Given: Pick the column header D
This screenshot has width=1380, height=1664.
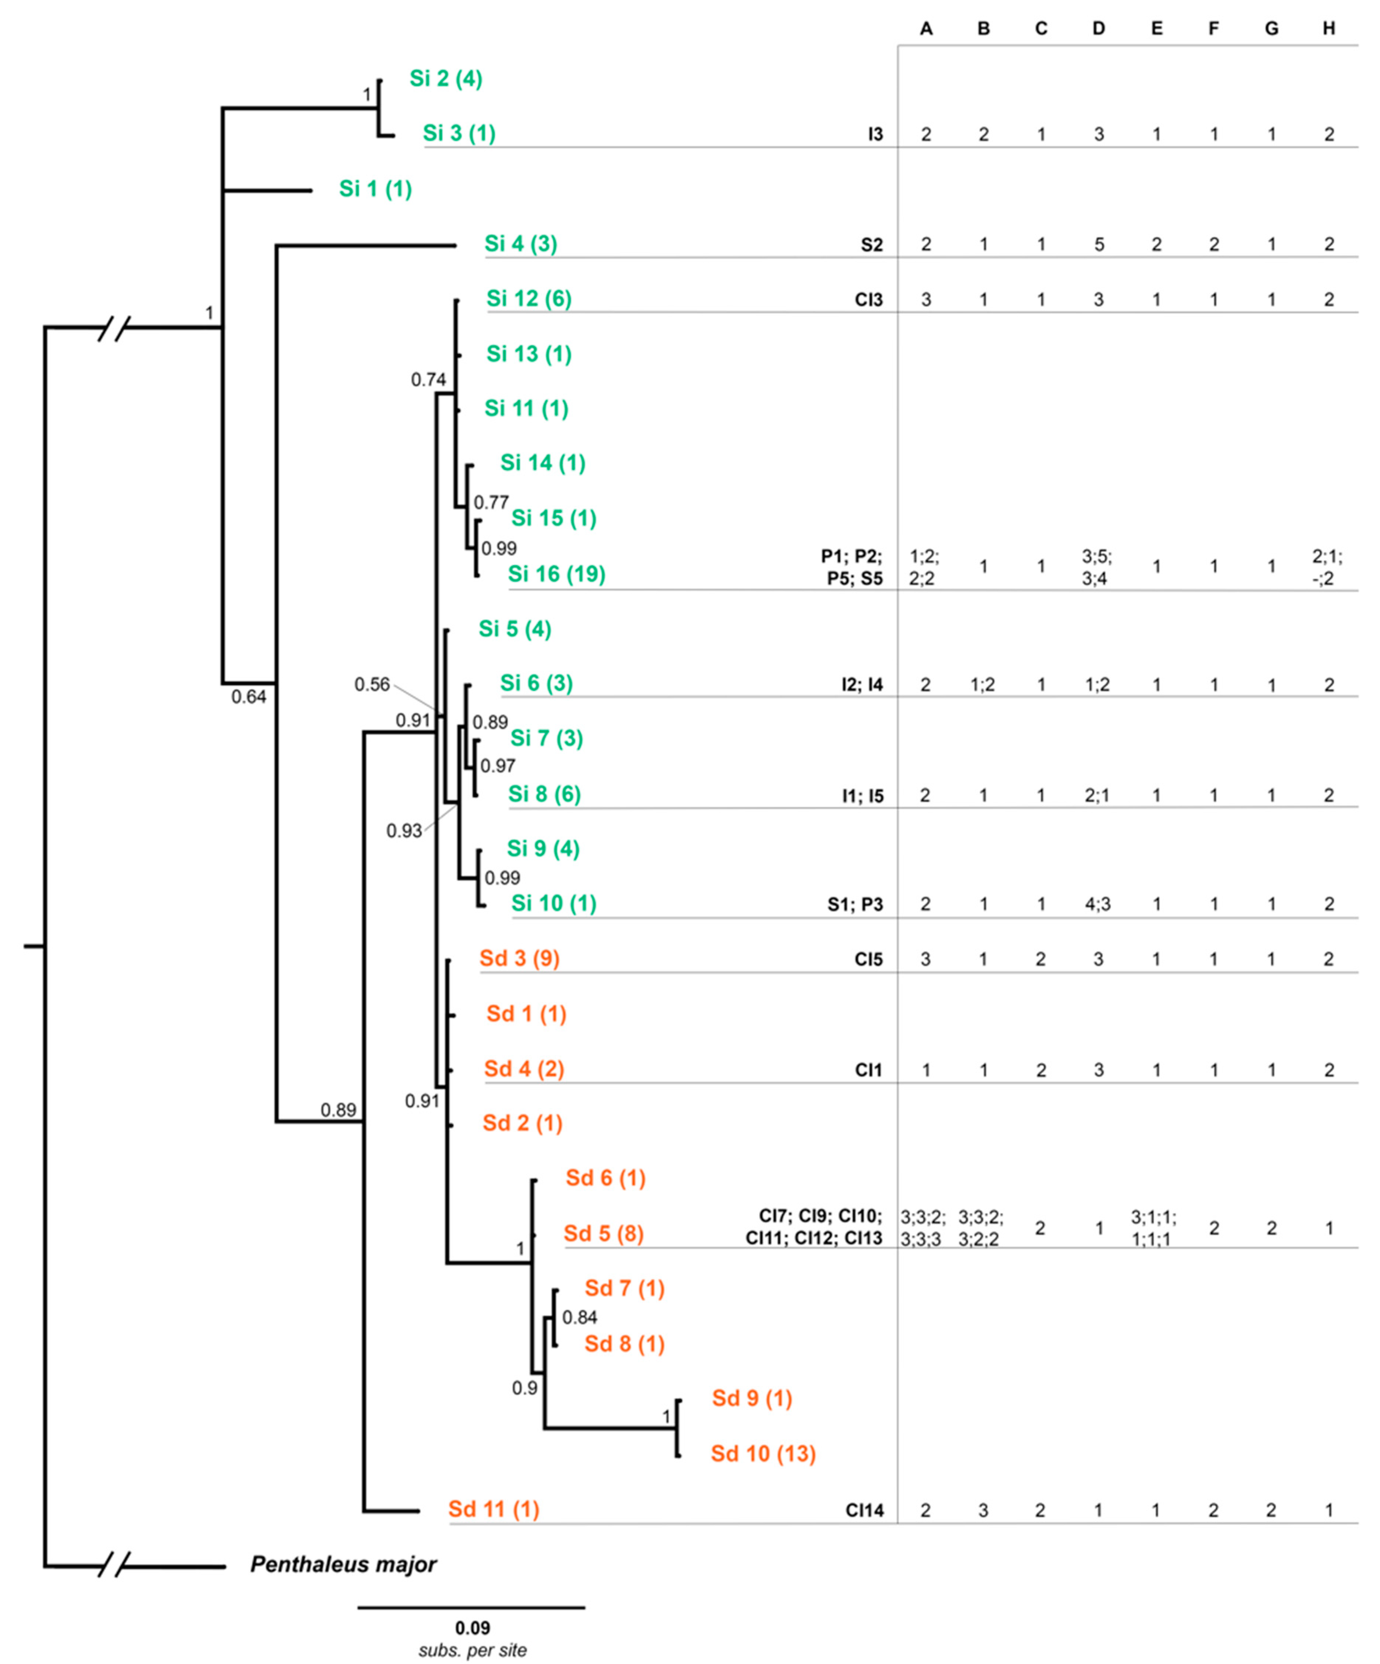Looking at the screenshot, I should click(x=1099, y=28).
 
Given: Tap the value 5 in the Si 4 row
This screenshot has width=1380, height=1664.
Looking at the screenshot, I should click(x=1099, y=245).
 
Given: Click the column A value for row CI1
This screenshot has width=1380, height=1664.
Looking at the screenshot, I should click(x=925, y=1070).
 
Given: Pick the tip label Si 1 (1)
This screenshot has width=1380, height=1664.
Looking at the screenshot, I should click(x=376, y=188).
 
